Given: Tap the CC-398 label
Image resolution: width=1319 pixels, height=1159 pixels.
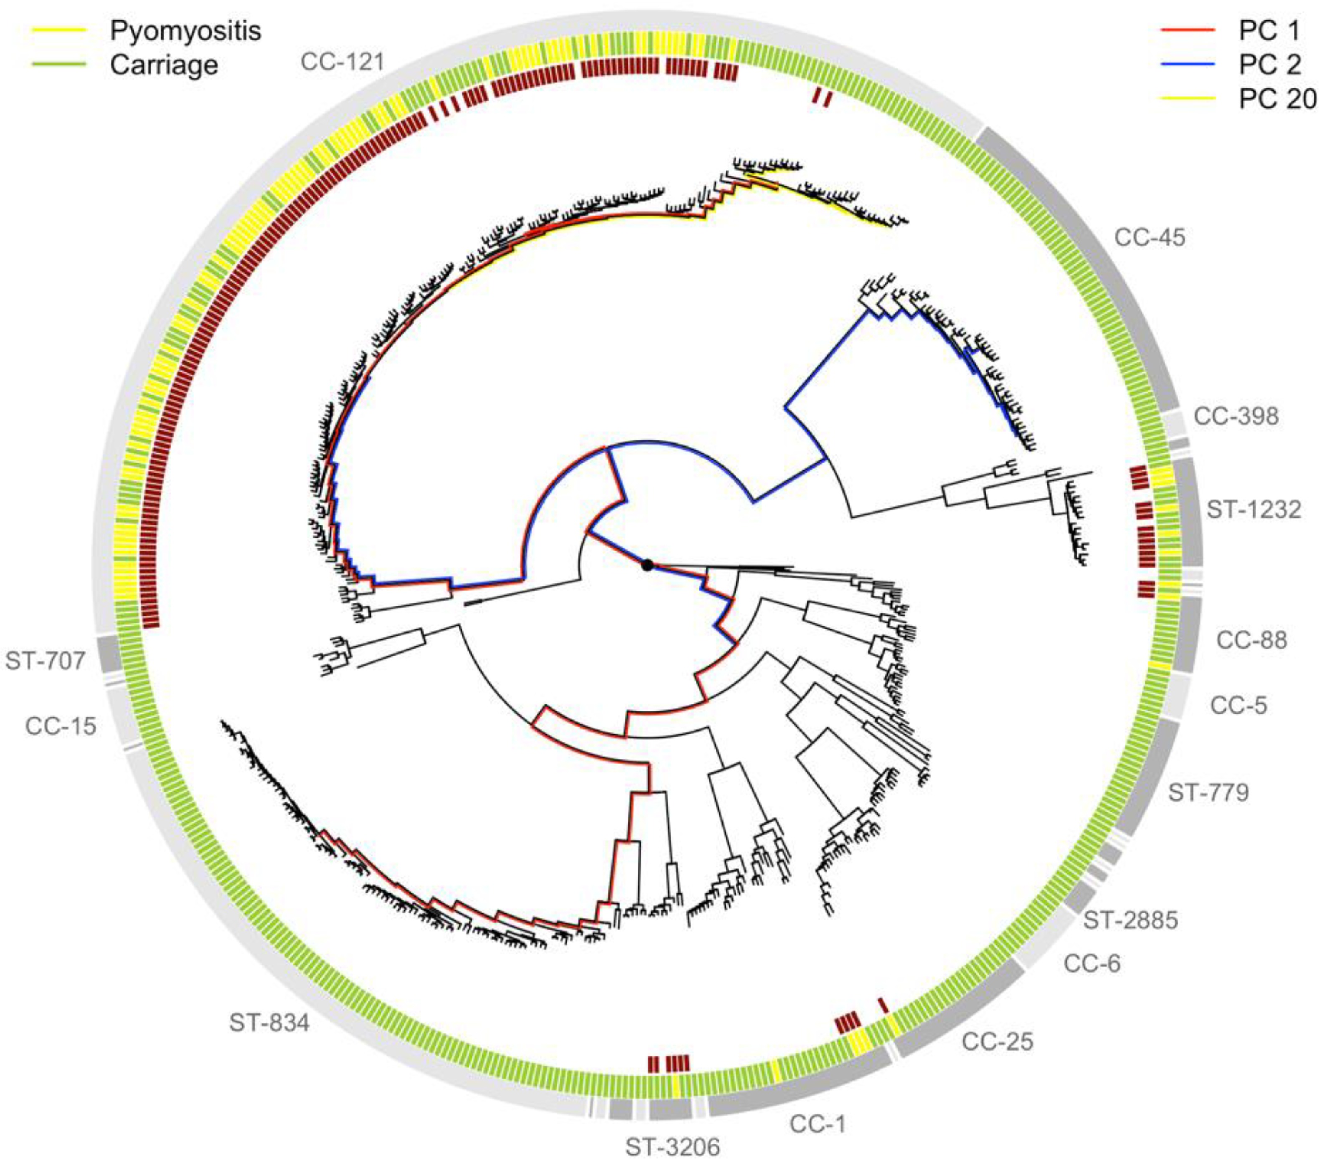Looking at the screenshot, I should (x=1236, y=417).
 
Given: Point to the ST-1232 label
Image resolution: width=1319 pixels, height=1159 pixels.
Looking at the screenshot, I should (x=1253, y=510).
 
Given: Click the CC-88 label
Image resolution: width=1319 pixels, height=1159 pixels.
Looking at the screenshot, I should (x=1251, y=641).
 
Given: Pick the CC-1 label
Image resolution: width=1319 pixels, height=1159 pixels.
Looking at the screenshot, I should (x=817, y=1124).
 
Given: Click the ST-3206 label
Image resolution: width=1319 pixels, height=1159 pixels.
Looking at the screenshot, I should (x=672, y=1147).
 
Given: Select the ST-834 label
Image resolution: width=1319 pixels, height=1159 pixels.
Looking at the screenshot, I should (x=269, y=1023).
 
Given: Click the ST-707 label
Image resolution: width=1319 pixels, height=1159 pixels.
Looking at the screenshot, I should (x=45, y=661).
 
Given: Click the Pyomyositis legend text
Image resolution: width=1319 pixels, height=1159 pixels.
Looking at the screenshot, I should (x=185, y=31).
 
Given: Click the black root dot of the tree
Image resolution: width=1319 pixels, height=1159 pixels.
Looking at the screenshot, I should (x=647, y=566).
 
